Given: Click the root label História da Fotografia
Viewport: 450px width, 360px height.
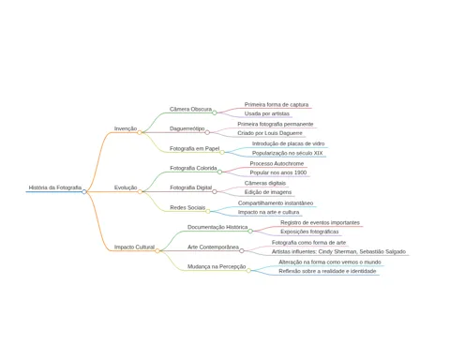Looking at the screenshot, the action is (55, 187).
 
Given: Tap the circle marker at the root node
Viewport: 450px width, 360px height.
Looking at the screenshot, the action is (84, 191).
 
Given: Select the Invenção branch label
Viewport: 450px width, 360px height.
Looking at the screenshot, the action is (126, 128).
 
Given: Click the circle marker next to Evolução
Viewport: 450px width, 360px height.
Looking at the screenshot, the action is (140, 191).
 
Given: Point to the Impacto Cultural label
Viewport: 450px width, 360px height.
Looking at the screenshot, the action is (134, 247).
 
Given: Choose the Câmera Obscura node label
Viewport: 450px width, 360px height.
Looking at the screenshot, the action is (190, 109).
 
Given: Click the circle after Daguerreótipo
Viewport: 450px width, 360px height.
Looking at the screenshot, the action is (207, 132).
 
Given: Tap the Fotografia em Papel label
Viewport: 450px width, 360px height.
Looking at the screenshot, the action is (194, 148).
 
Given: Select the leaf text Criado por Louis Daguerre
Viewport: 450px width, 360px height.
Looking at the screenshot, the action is (270, 133).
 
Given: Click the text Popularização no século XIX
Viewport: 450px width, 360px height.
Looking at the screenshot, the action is (287, 153).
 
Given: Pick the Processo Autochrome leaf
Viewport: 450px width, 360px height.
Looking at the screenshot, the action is (277, 163).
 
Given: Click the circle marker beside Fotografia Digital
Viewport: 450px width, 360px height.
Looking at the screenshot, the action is (215, 191).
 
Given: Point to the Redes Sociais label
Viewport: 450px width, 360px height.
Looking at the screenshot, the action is (187, 207).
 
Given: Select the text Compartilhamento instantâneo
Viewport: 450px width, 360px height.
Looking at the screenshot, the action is (276, 203).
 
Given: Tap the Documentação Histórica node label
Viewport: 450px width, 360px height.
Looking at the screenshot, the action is (217, 227).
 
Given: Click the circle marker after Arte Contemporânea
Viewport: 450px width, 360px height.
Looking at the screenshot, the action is (242, 250).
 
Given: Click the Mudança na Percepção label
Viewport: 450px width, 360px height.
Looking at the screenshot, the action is (217, 266).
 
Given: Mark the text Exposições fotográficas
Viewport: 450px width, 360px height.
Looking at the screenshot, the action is (309, 232).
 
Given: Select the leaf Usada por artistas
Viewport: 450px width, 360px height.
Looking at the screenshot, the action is (267, 113).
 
